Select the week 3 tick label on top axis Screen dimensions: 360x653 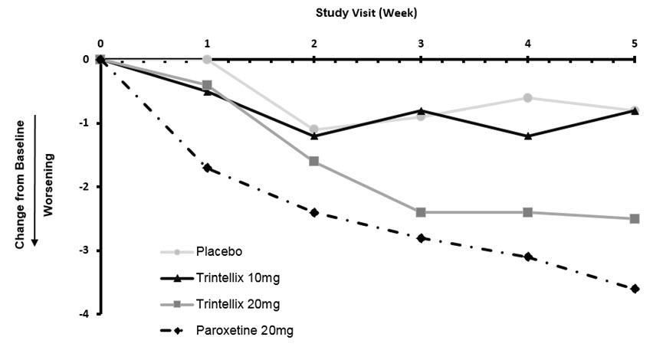pyautogui.click(x=421, y=43)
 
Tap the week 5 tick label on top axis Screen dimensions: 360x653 pyautogui.click(x=635, y=43)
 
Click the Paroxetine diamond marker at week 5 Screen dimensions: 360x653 pyautogui.click(x=635, y=289)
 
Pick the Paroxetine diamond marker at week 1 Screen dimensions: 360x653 pyautogui.click(x=207, y=168)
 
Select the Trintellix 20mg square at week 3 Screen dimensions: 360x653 pyautogui.click(x=421, y=212)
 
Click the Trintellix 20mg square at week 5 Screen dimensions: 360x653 pyautogui.click(x=635, y=218)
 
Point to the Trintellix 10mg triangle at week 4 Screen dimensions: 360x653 pyautogui.click(x=528, y=136)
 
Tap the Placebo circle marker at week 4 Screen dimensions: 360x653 pyautogui.click(x=528, y=97)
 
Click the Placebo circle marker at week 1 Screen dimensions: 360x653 pyautogui.click(x=207, y=59)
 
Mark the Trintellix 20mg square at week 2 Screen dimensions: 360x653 pyautogui.click(x=314, y=161)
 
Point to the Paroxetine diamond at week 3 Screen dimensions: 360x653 pyautogui.click(x=421, y=238)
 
